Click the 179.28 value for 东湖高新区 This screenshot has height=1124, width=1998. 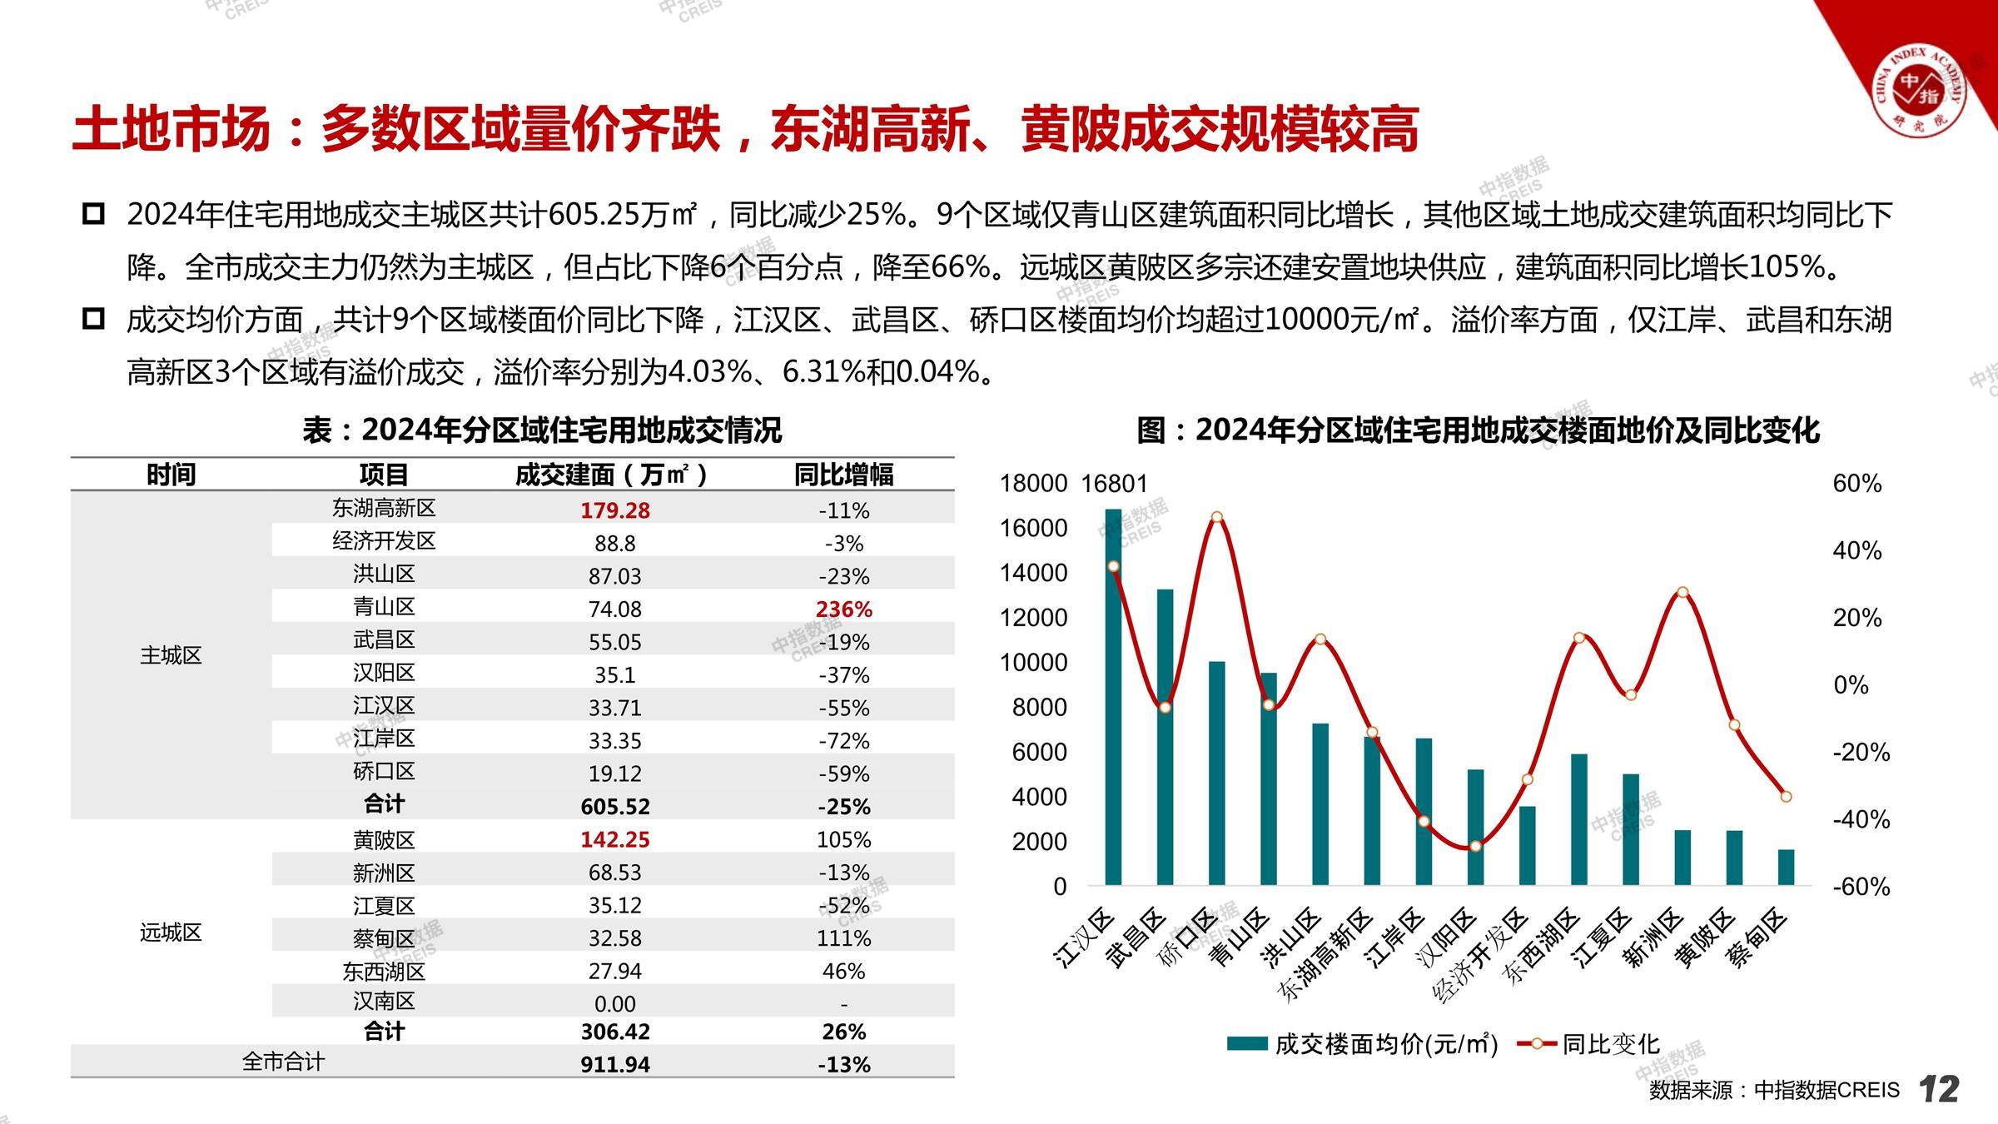tap(614, 510)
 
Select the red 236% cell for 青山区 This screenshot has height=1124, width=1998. tap(843, 609)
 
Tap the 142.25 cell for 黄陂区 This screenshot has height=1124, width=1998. tap(614, 839)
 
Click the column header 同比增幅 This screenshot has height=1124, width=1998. tap(843, 475)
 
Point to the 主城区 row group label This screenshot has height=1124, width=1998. tap(171, 655)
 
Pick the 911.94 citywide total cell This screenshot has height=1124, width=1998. tap(614, 1064)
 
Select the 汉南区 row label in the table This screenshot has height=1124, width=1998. tap(384, 1002)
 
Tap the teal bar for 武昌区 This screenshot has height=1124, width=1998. tap(1165, 737)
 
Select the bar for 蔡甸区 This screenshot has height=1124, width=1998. tap(1786, 868)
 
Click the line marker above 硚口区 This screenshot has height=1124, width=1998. tap(1216, 517)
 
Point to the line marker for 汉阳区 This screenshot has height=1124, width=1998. tap(1475, 846)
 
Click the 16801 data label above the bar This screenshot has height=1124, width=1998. tap(1114, 484)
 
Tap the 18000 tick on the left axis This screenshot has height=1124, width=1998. tap(1033, 484)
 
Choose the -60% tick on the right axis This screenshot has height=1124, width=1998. tap(1861, 887)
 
